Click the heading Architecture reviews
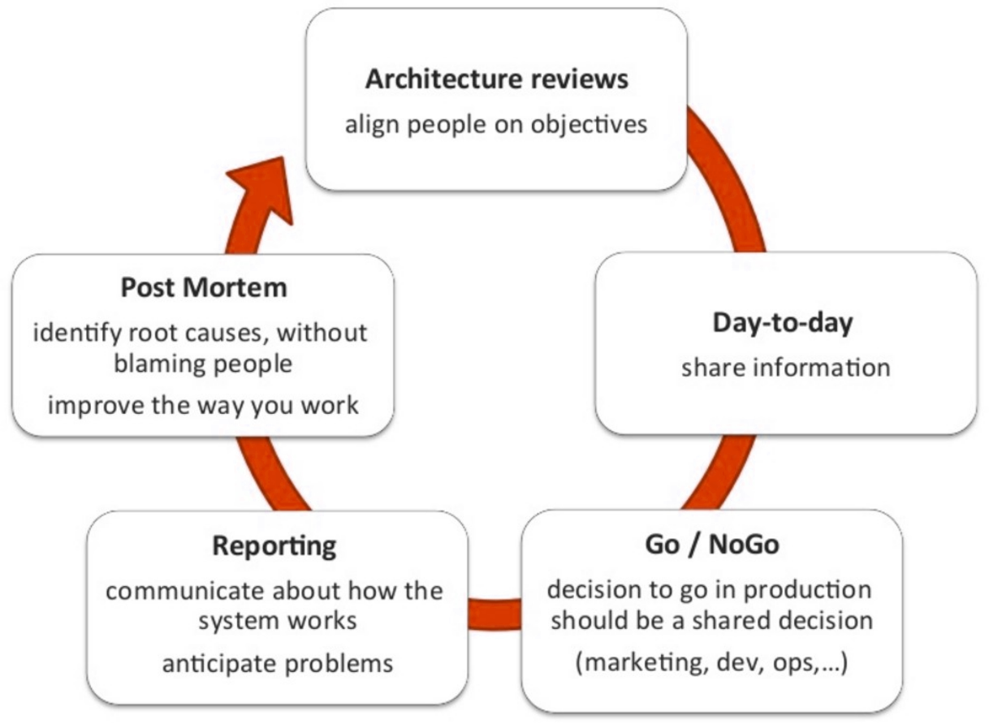click(x=497, y=80)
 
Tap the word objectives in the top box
click(x=589, y=125)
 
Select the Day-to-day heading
click(x=783, y=323)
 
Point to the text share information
click(x=786, y=368)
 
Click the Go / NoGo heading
click(x=712, y=545)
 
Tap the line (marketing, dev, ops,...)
click(x=712, y=663)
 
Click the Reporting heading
click(x=274, y=546)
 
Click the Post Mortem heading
click(x=204, y=288)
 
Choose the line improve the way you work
click(x=203, y=406)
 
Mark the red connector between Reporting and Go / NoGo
click(x=494, y=614)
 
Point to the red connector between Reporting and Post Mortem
click(x=270, y=475)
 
